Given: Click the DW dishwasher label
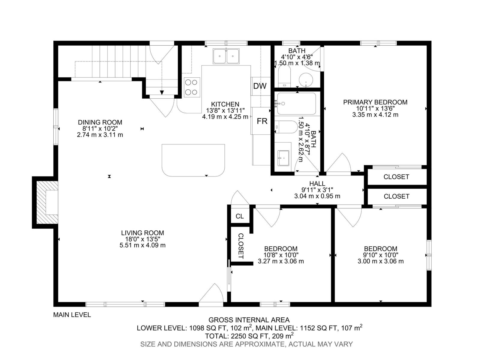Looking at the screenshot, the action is (x=259, y=86).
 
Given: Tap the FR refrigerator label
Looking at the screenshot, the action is (x=262, y=121).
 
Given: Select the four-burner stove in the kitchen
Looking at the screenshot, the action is (x=192, y=87).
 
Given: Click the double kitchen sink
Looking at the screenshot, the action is (x=226, y=56).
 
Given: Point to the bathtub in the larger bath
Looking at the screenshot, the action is (x=296, y=104).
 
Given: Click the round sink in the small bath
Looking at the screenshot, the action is (x=306, y=80).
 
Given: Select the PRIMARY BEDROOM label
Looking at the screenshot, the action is (x=375, y=102).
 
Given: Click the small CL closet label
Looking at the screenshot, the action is (x=240, y=216).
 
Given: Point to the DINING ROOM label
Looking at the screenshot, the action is (x=100, y=122).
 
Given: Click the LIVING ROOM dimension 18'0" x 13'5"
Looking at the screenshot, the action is (x=142, y=239).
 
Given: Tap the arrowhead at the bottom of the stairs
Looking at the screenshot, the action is (x=162, y=92).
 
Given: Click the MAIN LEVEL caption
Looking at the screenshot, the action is (x=72, y=315).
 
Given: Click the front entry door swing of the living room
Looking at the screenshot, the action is (x=211, y=292).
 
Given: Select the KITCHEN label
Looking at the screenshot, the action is (x=225, y=104).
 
